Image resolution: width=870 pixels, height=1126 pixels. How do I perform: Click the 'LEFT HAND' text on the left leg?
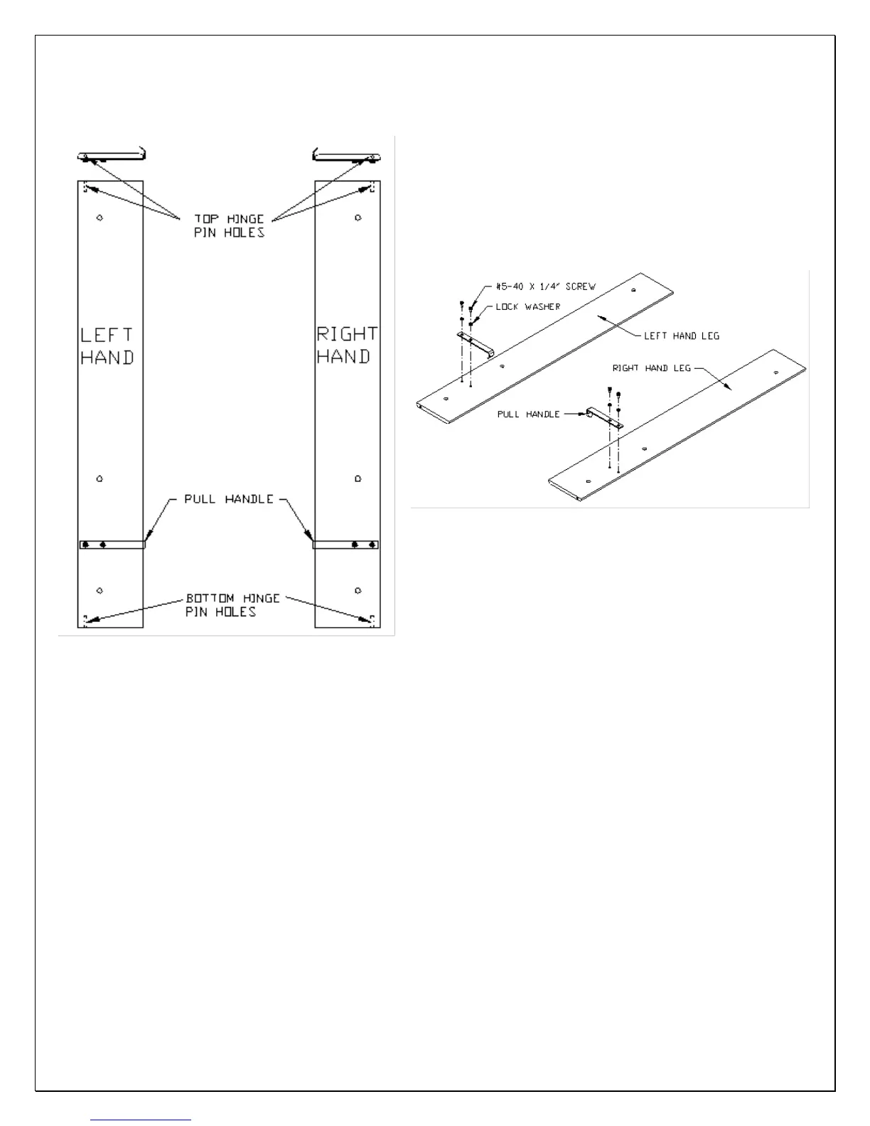(107, 346)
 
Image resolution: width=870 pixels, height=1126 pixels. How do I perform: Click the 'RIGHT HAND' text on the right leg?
(347, 345)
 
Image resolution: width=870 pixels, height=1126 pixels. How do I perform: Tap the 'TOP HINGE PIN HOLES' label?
(229, 226)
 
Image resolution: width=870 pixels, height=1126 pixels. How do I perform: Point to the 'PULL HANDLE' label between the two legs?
(229, 499)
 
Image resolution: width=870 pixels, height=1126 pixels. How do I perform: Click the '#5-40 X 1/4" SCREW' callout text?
(545, 286)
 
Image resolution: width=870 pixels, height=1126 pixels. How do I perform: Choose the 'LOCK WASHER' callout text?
(528, 306)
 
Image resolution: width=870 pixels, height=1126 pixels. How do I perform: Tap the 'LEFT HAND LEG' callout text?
(681, 336)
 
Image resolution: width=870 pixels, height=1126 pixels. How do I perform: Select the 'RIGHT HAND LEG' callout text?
(651, 368)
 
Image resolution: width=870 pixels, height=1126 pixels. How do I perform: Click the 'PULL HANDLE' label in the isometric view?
(528, 414)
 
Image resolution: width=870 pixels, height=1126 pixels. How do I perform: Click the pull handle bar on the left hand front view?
(112, 545)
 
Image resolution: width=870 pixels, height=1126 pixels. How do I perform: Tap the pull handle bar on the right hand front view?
(346, 545)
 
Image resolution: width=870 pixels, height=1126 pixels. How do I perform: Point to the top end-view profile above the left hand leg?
(112, 156)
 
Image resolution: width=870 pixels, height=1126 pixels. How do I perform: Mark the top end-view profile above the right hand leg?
(347, 156)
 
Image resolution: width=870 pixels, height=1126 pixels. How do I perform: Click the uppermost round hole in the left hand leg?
(100, 218)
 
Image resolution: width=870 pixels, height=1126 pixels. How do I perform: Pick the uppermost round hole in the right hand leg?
(358, 218)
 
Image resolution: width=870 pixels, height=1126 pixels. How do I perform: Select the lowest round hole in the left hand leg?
(100, 590)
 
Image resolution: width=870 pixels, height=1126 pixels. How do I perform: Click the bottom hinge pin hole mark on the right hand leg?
(372, 621)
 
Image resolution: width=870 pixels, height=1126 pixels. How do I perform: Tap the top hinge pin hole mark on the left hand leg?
(85, 188)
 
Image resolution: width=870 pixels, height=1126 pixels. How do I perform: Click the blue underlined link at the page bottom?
(141, 1120)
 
